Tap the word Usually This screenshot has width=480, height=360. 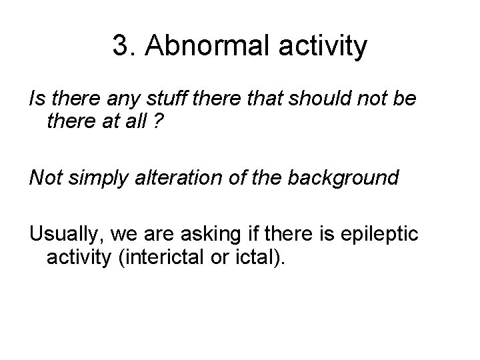pos(64,236)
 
